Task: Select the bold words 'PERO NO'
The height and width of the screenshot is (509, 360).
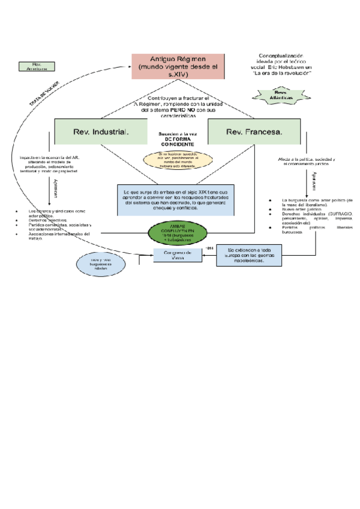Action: click(x=175, y=110)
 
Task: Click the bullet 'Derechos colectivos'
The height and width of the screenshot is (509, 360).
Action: click(x=47, y=220)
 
